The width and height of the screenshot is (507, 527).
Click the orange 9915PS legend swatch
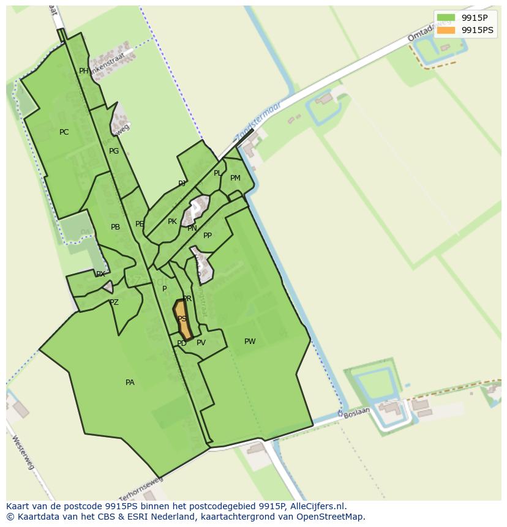click(446, 30)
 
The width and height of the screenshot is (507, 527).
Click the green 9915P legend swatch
click(446, 18)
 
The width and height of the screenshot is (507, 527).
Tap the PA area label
click(130, 383)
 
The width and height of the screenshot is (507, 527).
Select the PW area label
click(250, 342)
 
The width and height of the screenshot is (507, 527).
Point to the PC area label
click(64, 132)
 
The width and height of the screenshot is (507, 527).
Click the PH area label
click(84, 71)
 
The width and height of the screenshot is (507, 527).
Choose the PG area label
click(114, 151)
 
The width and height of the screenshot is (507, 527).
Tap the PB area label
click(115, 227)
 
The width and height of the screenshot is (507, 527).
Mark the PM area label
click(235, 178)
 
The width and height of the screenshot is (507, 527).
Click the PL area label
click(217, 173)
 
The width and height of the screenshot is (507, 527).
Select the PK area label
click(172, 222)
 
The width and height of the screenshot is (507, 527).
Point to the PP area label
click(208, 236)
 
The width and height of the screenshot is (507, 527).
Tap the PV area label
click(201, 343)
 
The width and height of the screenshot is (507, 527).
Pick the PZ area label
click(114, 302)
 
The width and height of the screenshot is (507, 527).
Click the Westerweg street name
click(23, 453)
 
